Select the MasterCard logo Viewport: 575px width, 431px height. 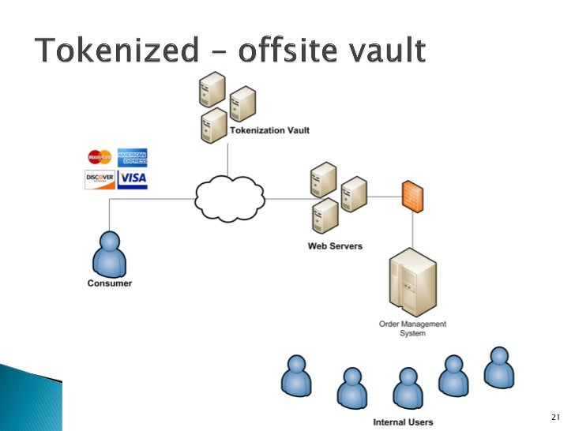[x=100, y=157]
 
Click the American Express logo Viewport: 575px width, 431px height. [x=132, y=157]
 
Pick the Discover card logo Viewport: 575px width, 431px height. [x=100, y=179]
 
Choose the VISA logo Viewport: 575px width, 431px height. [x=132, y=179]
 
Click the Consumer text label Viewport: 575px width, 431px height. [x=109, y=283]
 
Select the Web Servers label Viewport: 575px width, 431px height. [x=335, y=245]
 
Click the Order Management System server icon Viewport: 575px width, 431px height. [x=412, y=281]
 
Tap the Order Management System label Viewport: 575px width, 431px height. [x=412, y=328]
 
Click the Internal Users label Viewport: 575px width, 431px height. [x=402, y=422]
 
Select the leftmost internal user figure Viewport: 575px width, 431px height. [x=296, y=375]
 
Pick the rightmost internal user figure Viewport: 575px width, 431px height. [x=498, y=367]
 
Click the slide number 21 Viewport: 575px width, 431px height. [x=553, y=416]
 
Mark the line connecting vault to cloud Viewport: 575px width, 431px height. [x=228, y=158]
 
